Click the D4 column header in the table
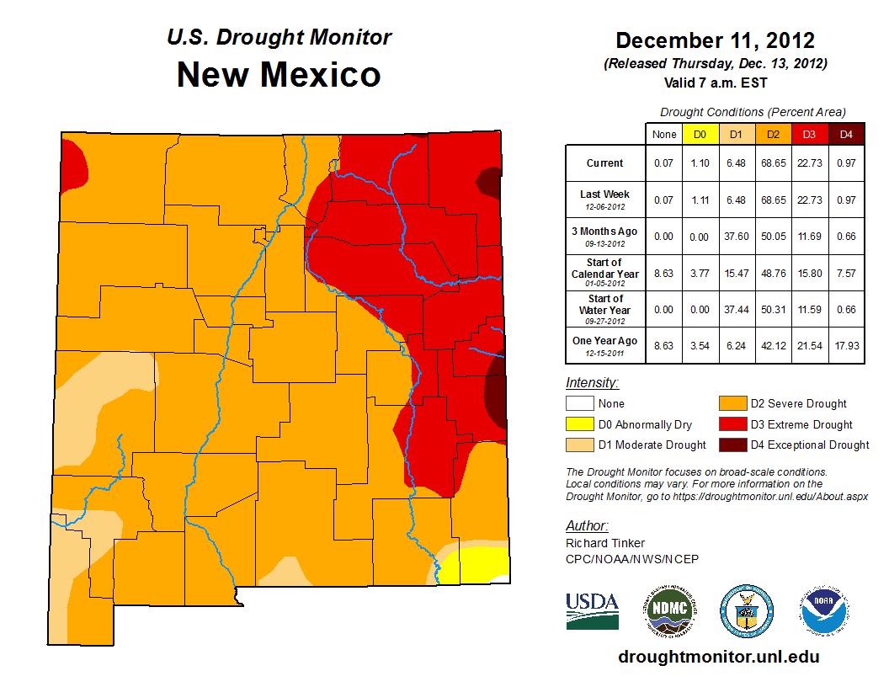[x=847, y=134]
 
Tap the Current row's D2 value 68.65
[x=774, y=163]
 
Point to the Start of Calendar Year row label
[x=605, y=273]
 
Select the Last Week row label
[x=605, y=199]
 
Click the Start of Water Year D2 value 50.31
[x=774, y=310]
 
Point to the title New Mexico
[x=279, y=75]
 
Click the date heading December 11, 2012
[x=715, y=40]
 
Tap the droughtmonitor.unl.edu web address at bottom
[x=718, y=657]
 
